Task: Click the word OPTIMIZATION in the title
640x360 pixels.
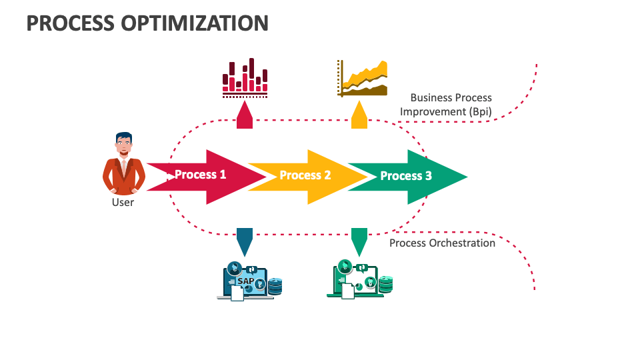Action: click(x=195, y=23)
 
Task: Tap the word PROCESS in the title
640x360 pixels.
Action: click(x=70, y=23)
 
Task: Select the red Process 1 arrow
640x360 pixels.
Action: click(x=207, y=177)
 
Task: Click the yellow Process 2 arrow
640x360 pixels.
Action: click(x=308, y=177)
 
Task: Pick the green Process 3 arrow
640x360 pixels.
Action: click(x=408, y=177)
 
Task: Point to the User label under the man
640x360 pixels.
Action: click(x=123, y=203)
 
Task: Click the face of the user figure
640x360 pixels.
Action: click(x=124, y=145)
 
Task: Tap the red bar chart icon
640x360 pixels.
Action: click(x=245, y=78)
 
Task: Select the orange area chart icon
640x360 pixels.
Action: click(x=362, y=79)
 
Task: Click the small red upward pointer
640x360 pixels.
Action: click(x=245, y=115)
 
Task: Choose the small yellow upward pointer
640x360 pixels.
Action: click(x=359, y=115)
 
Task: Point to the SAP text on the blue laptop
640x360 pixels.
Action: click(x=246, y=281)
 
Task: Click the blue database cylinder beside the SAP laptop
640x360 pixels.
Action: click(x=275, y=286)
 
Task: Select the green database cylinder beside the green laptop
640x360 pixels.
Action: click(x=386, y=285)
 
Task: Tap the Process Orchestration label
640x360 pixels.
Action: click(x=442, y=243)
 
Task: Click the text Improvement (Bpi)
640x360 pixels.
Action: click(x=446, y=112)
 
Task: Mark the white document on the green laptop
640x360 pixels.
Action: click(x=348, y=291)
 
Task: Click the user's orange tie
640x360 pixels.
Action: click(x=124, y=167)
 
